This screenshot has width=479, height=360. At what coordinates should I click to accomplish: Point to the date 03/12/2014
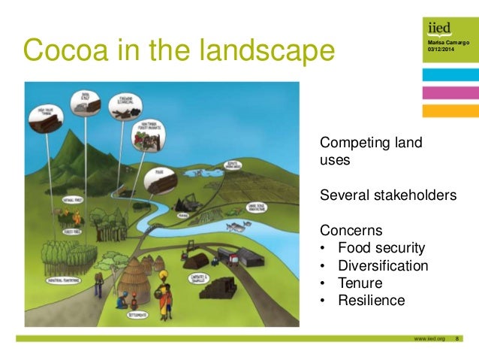(440, 50)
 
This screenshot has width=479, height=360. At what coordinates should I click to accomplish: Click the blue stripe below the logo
(450, 75)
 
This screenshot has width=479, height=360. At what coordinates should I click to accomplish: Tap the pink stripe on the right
(450, 92)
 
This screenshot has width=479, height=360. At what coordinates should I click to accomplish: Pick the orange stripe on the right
(450, 110)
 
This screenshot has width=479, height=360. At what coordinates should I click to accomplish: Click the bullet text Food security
(381, 247)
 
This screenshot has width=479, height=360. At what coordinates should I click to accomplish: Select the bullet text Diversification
(383, 265)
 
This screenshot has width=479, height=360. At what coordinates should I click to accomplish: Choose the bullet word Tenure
(360, 283)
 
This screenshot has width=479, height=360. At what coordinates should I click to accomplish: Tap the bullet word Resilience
(371, 301)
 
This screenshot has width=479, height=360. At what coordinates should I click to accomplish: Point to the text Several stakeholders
(388, 195)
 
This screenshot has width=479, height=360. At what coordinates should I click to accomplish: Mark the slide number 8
(458, 339)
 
